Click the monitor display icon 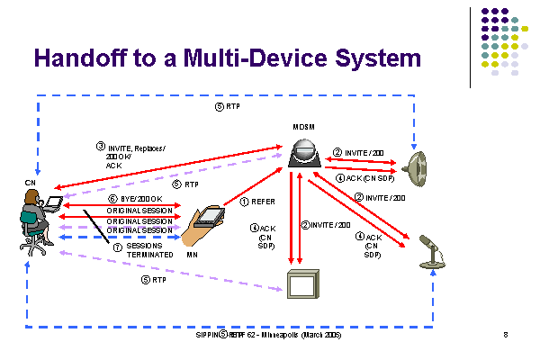300,285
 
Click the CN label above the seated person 30,184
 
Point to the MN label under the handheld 192,256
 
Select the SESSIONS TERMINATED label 144,249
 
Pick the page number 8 506,335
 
